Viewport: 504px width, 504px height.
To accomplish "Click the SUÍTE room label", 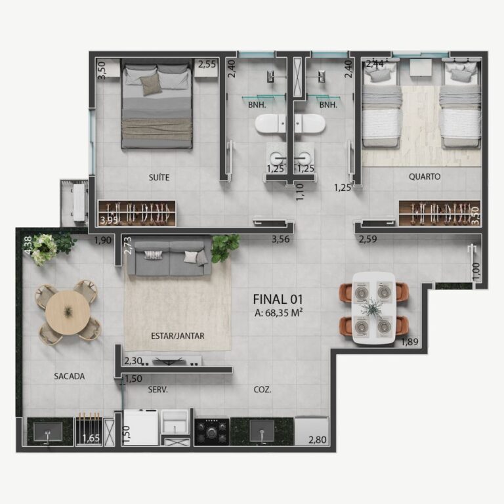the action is pyautogui.click(x=159, y=177).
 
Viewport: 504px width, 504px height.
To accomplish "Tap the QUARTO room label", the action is pyautogui.click(x=425, y=177).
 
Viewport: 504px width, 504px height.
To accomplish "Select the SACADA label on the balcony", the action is pyautogui.click(x=69, y=376).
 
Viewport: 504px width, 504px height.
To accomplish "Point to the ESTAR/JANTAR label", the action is pyautogui.click(x=177, y=336).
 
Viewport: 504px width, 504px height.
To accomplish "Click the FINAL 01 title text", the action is pyautogui.click(x=278, y=299).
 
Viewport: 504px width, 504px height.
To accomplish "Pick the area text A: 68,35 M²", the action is pyautogui.click(x=278, y=313).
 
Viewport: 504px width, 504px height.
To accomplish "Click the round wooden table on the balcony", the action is pyautogui.click(x=68, y=312).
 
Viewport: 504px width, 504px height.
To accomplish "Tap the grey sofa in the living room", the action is pyautogui.click(x=169, y=259).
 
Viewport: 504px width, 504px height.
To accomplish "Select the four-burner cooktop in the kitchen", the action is pyautogui.click(x=212, y=431).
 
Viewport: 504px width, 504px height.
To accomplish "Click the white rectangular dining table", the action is pyautogui.click(x=374, y=308).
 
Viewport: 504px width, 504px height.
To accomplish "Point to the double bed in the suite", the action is pyautogui.click(x=157, y=104).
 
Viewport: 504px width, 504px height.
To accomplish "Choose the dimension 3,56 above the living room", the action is pyautogui.click(x=281, y=239).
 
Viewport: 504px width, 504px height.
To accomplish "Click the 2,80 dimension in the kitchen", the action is pyautogui.click(x=318, y=440).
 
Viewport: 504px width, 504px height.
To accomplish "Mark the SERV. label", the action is pyautogui.click(x=157, y=390).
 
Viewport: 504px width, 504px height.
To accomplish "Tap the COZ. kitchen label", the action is pyautogui.click(x=262, y=390).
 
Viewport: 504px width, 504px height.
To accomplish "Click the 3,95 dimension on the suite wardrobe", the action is pyautogui.click(x=109, y=220).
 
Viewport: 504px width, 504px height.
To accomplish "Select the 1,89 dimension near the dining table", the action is pyautogui.click(x=409, y=342).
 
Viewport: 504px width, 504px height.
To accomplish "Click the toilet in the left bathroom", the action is pyautogui.click(x=270, y=123).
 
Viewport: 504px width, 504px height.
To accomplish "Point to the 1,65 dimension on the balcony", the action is pyautogui.click(x=91, y=438).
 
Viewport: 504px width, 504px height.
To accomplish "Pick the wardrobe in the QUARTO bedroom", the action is pyautogui.click(x=440, y=213).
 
